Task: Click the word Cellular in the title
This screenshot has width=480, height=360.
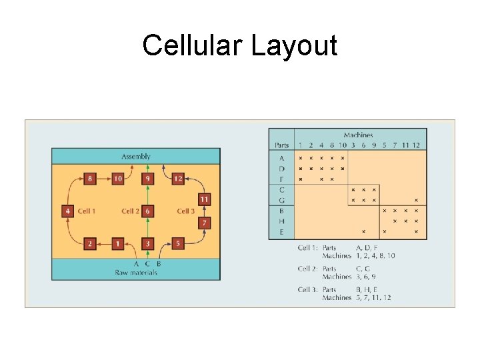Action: [193, 46]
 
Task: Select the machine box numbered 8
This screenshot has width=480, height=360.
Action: [90, 179]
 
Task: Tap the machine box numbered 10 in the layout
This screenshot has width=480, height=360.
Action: [117, 179]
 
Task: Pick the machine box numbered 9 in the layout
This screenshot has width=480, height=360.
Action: [147, 179]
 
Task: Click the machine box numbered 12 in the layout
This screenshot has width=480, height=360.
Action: [177, 179]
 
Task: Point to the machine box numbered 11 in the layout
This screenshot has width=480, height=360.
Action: [205, 199]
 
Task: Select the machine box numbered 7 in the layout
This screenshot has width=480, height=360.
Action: [205, 222]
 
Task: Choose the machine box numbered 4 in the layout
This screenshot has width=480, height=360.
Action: [67, 211]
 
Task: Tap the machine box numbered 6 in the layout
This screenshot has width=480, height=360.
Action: [147, 211]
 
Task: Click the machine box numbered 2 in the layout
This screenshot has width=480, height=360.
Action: [90, 244]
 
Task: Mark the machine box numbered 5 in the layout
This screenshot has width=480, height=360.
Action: [177, 244]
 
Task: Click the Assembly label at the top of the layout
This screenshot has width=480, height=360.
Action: [136, 156]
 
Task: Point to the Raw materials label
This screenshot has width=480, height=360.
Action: [135, 272]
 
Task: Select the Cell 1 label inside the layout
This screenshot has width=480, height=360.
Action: [87, 211]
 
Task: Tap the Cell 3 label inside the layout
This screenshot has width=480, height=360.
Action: [186, 211]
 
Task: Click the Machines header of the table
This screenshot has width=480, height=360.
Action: [358, 135]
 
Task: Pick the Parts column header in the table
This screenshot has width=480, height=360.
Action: [281, 145]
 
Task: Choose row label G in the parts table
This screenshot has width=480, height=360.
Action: [281, 200]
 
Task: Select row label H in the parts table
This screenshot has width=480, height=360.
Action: [281, 221]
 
